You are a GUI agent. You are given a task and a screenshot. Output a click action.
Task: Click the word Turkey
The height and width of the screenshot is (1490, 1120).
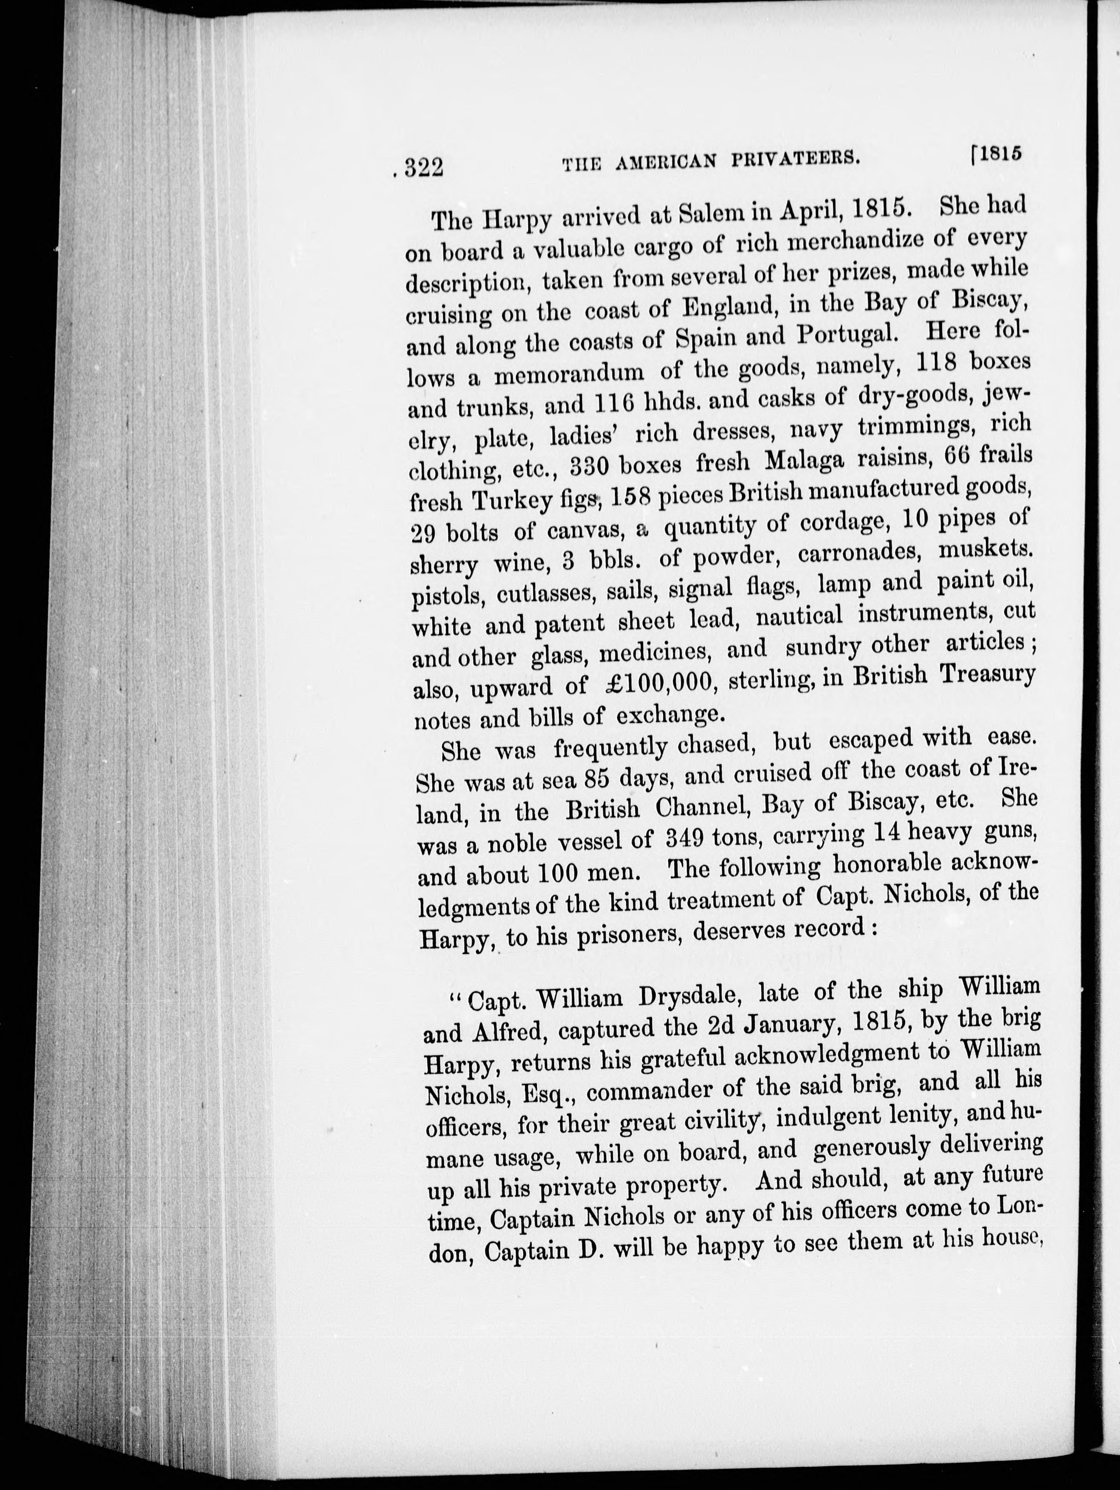pyautogui.click(x=513, y=500)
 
